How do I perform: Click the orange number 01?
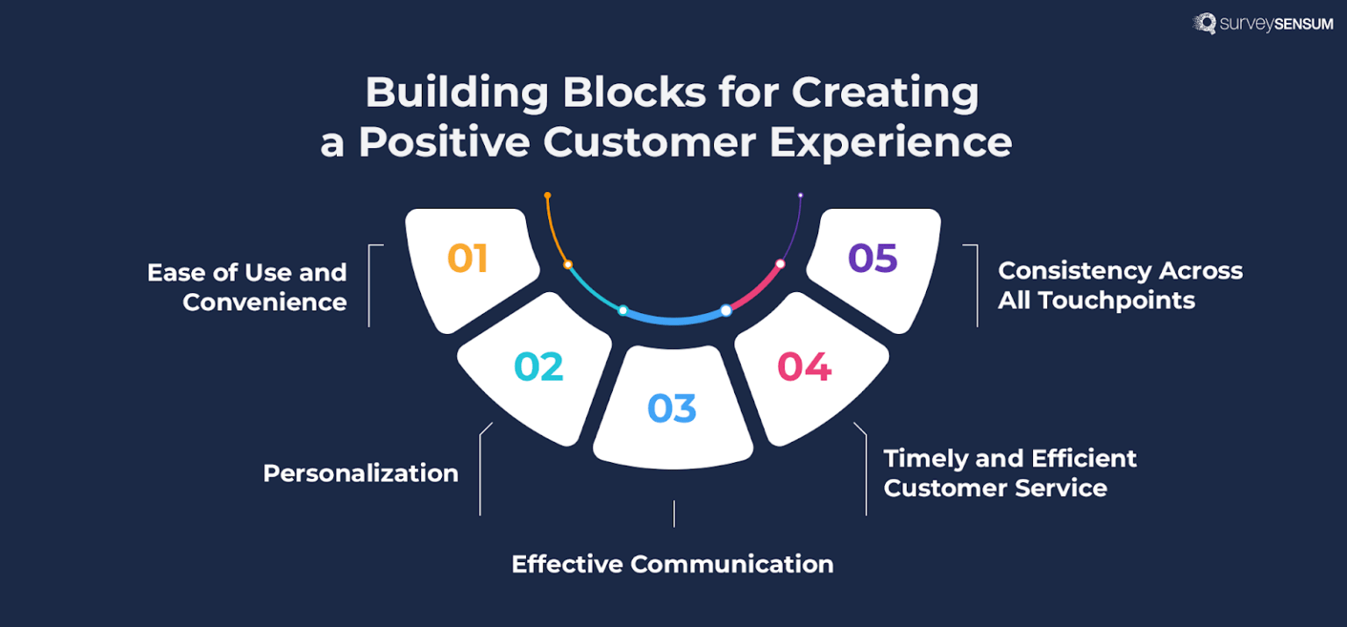(x=467, y=259)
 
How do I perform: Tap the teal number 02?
(x=538, y=367)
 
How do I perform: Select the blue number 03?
(x=672, y=409)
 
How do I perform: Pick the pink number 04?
(x=804, y=367)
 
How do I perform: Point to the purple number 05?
(x=873, y=259)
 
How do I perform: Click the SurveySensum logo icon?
(x=1204, y=23)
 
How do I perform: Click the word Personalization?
(x=360, y=474)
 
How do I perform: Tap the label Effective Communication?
(x=673, y=564)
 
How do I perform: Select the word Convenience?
(x=265, y=302)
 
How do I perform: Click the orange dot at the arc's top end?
(x=547, y=195)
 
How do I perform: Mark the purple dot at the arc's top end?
(x=800, y=195)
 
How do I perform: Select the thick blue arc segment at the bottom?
(x=674, y=317)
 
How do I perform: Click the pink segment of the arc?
(x=757, y=289)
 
